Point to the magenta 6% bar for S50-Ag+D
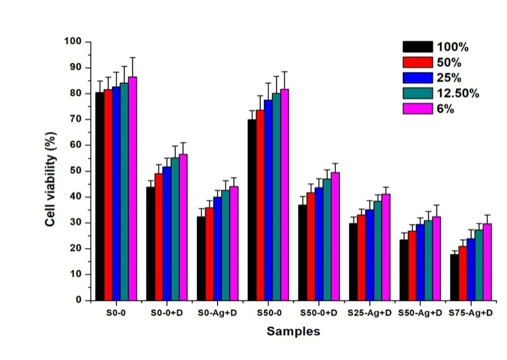436,258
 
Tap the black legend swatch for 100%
417,47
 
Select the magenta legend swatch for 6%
417,108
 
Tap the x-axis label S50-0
269,313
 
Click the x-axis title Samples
294,331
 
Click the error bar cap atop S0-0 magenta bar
133,57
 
